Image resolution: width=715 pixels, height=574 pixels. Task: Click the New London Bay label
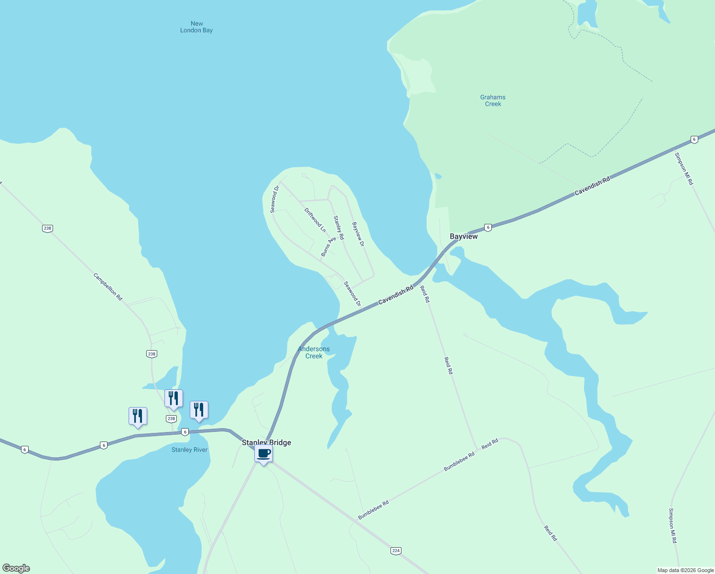(196, 27)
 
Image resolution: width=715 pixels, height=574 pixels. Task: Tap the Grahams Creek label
(493, 100)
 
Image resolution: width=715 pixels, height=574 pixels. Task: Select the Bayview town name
(464, 236)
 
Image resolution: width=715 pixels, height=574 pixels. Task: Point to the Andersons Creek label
(314, 353)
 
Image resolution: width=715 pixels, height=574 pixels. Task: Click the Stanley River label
(190, 450)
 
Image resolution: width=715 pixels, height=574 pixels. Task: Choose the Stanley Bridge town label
(266, 442)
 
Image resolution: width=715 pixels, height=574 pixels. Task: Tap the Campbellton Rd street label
(108, 287)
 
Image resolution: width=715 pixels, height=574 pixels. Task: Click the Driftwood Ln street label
(315, 221)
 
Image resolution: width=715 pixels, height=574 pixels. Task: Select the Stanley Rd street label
(338, 228)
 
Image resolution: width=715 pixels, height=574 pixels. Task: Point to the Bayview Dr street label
(358, 234)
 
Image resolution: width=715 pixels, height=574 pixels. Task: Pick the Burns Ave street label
(328, 247)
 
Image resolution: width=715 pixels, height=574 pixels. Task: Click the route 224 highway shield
(396, 551)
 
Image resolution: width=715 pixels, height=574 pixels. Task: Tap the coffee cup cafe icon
(263, 453)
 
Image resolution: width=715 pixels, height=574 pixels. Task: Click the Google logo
(16, 568)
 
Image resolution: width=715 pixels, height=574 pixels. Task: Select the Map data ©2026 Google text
(685, 570)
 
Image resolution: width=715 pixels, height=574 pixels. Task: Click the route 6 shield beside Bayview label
(488, 227)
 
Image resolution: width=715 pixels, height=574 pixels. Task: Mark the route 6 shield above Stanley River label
(185, 432)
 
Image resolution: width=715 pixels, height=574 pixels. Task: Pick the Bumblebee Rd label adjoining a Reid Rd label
(459, 462)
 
